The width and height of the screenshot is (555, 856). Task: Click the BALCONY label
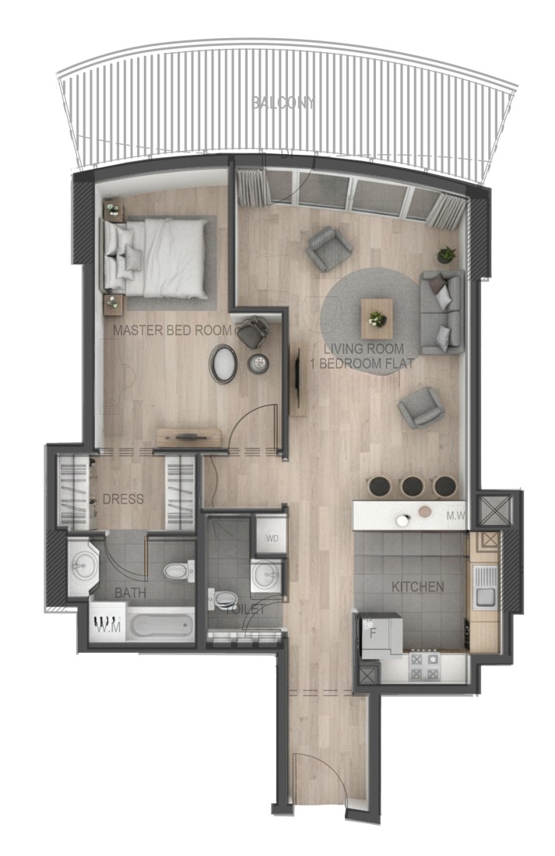tap(283, 102)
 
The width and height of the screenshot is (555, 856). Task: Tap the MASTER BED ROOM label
tap(173, 330)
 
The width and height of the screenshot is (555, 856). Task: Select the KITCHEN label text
tap(418, 587)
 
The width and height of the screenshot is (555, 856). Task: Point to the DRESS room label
tap(124, 499)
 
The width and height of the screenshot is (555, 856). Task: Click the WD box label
tap(272, 539)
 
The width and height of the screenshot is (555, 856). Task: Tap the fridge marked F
tap(381, 636)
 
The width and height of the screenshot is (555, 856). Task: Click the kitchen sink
tap(484, 588)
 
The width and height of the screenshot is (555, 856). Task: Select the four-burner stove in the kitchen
tap(424, 666)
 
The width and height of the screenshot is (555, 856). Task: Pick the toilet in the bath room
tap(179, 571)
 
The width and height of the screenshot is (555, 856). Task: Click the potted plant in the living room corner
tap(447, 254)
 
